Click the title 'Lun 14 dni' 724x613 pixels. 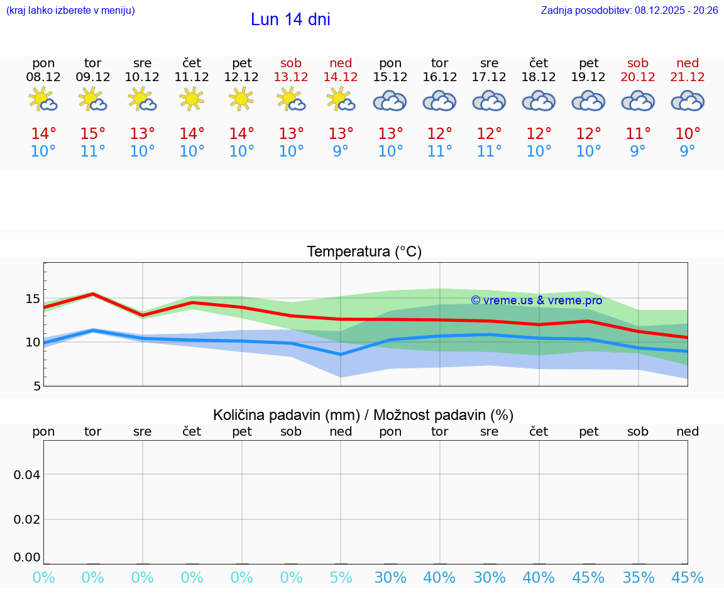tap(290, 19)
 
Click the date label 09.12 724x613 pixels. tap(93, 77)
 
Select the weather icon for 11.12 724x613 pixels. tap(192, 99)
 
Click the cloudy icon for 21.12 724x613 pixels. tap(688, 101)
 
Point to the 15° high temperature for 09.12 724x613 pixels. tap(93, 134)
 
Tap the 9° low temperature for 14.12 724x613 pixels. tap(341, 152)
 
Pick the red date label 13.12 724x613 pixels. tap(291, 77)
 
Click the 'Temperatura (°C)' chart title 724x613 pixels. tap(364, 251)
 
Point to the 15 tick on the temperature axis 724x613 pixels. tap(33, 299)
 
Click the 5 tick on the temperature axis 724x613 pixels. tap(37, 386)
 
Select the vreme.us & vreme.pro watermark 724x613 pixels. tap(536, 301)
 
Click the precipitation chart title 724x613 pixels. tap(363, 415)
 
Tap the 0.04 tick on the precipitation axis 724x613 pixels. tap(27, 475)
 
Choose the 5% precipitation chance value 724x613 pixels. tap(341, 578)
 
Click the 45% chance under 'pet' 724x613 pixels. tap(588, 578)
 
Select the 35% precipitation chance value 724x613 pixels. tap(638, 578)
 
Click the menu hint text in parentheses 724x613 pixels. tap(70, 10)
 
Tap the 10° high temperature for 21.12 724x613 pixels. tap(688, 134)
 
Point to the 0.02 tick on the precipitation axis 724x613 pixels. tap(27, 519)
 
